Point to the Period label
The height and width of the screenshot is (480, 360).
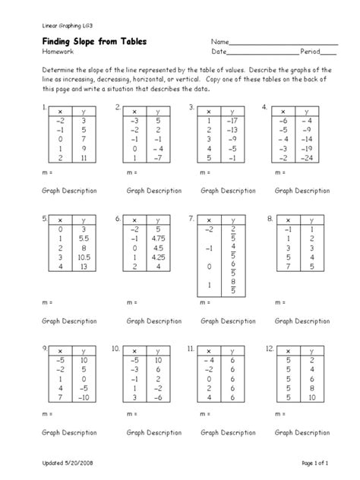click(310, 52)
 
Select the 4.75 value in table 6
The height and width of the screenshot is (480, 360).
click(157, 236)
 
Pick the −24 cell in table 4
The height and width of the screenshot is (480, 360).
click(305, 158)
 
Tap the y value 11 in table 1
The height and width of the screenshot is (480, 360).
click(84, 158)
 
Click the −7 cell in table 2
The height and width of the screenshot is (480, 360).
click(157, 158)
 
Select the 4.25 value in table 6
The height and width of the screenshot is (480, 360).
click(157, 257)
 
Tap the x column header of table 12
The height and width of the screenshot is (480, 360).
click(287, 351)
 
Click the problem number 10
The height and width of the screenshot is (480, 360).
click(115, 348)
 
